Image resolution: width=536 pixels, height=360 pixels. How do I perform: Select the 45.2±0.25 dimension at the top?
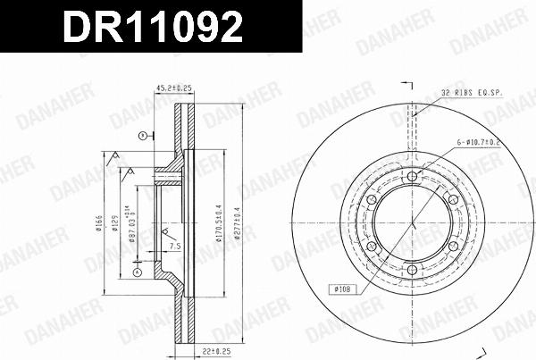click(175, 88)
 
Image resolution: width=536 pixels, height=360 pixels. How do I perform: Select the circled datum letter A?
click(137, 272)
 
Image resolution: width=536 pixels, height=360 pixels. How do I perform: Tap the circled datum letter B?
click(141, 136)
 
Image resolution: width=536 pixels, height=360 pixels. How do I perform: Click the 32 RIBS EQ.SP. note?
click(472, 93)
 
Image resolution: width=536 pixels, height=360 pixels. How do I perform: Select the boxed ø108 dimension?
click(346, 289)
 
